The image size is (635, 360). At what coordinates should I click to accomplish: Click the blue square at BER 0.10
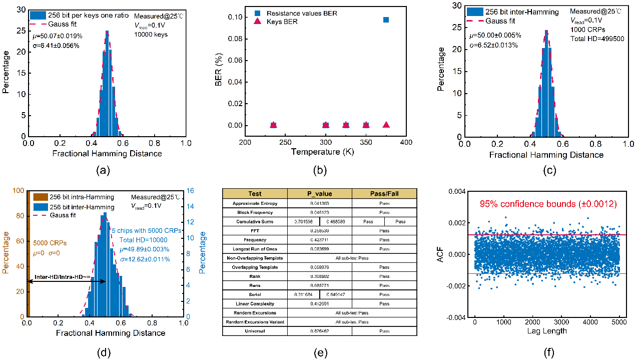[x=386, y=20]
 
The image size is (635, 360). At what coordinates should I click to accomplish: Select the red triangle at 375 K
[x=386, y=125]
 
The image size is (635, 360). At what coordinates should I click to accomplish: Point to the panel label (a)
[x=103, y=170]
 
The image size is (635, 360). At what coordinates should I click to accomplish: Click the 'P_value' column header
[x=319, y=194]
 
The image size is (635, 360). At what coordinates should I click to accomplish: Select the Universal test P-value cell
[x=319, y=331]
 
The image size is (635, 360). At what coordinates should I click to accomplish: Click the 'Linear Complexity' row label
[x=255, y=303]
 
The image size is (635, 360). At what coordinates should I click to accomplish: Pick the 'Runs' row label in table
[x=255, y=285]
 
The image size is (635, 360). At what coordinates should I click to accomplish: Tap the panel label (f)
[x=548, y=352]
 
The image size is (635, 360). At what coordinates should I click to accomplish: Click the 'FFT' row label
[x=255, y=230]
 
